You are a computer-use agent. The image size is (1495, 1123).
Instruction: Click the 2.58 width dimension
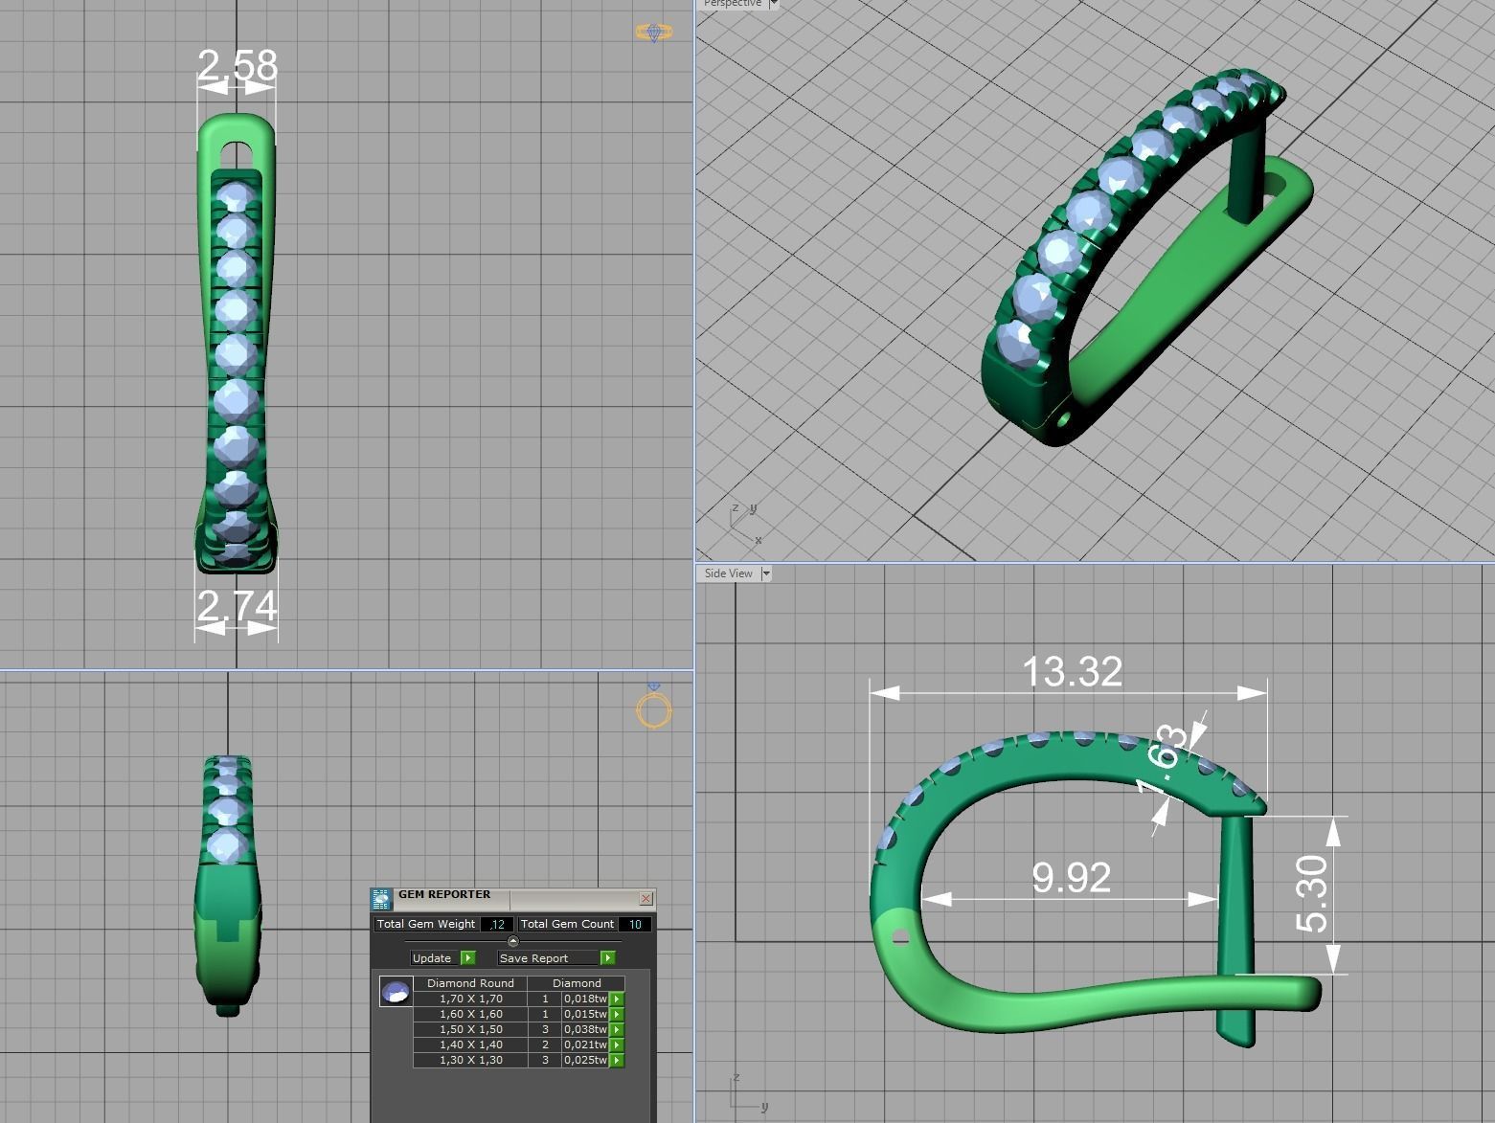[237, 65]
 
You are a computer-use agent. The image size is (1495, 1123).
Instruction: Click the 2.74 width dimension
[237, 606]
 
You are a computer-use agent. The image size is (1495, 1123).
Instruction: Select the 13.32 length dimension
[1072, 671]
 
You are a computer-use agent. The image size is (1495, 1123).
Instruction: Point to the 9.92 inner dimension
[1071, 878]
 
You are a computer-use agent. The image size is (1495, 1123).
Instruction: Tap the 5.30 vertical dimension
[1313, 894]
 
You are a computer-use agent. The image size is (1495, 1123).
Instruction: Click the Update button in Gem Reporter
[433, 957]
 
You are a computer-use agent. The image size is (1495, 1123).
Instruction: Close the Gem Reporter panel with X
[646, 898]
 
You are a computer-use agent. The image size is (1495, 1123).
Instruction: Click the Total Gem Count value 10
[635, 924]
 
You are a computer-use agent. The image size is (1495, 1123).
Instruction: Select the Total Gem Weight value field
[496, 924]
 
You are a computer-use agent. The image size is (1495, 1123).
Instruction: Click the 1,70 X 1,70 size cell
[470, 999]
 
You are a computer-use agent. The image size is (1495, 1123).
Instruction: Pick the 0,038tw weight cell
[585, 1029]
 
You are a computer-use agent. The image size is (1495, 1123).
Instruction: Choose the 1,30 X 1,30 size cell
[470, 1060]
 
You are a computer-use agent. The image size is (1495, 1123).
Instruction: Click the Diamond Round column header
[470, 983]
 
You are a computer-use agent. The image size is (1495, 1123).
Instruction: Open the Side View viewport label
[729, 573]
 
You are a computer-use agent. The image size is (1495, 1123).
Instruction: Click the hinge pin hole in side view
[900, 938]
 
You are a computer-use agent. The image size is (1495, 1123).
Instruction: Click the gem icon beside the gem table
[396, 992]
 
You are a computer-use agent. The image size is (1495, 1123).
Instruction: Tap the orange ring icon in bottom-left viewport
[654, 709]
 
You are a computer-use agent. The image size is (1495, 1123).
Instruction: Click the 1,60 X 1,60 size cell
[470, 1014]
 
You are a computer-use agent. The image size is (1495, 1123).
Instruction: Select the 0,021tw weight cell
[585, 1044]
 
